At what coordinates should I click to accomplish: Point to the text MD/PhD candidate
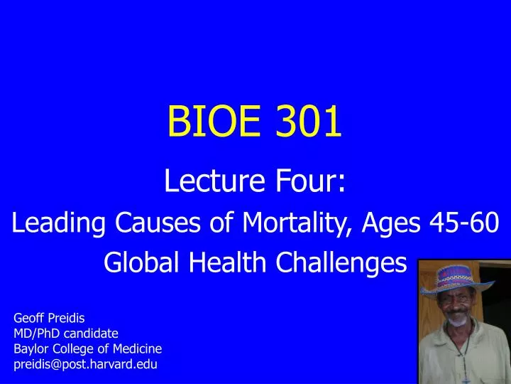click(x=66, y=333)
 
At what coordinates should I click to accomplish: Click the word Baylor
click(x=31, y=348)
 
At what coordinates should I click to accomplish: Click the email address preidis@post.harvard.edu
click(x=85, y=364)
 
